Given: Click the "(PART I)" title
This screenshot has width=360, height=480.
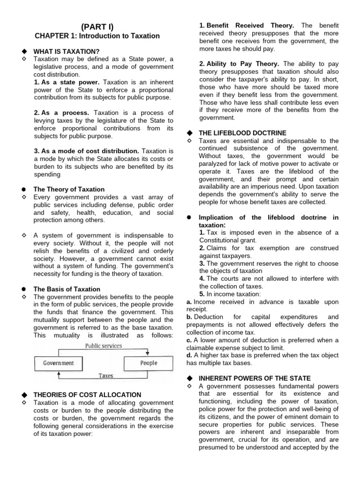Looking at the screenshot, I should (97, 26).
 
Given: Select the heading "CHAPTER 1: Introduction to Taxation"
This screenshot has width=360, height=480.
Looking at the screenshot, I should (97, 36).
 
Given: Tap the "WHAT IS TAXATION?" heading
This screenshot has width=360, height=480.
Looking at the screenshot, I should (66, 51).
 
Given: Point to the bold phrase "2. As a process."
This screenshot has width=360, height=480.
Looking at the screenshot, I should (61, 113).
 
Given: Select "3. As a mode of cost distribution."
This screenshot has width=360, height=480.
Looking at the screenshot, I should (86, 151).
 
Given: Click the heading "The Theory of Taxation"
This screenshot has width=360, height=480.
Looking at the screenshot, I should (69, 189).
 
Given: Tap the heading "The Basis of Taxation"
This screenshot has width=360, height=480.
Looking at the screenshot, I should (67, 289).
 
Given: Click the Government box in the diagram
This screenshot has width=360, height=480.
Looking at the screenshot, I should (59, 363).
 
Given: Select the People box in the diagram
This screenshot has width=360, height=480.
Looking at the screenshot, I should (148, 363).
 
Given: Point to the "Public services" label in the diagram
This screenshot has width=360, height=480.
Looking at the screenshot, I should (103, 346).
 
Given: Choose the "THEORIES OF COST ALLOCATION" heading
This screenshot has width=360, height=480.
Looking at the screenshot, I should (87, 395).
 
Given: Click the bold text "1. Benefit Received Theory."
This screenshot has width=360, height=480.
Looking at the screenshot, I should (247, 25).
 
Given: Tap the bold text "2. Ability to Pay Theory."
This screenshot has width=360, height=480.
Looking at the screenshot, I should (240, 64).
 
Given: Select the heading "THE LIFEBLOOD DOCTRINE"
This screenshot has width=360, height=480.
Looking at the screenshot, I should (242, 133).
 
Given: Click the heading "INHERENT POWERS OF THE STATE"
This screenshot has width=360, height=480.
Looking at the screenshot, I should (255, 378).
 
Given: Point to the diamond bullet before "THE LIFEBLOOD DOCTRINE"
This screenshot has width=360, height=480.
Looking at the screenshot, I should (189, 133).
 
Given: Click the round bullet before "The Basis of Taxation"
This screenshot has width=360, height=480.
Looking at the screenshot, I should (23, 289).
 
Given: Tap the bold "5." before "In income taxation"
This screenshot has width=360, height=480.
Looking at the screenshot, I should (202, 294).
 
